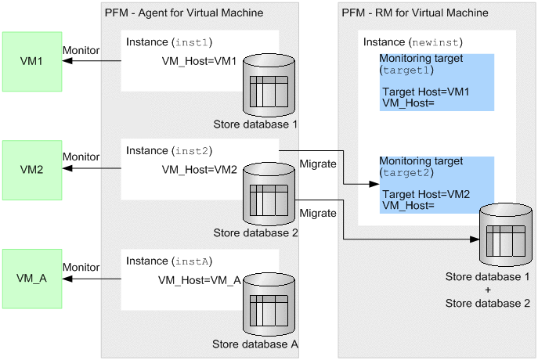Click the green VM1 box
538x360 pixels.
tap(32, 61)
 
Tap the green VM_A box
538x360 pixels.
tap(32, 279)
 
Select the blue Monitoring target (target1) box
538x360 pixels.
tap(436, 82)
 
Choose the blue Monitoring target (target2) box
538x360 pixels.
tap(436, 185)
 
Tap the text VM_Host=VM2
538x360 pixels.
tap(199, 170)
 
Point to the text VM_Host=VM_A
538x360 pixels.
tap(199, 279)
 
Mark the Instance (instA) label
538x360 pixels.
tap(169, 259)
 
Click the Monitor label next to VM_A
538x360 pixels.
tap(81, 266)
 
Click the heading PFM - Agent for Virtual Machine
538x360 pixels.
tap(183, 13)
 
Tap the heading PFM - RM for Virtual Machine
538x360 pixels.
tap(415, 13)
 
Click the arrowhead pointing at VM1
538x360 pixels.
tap(65, 61)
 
